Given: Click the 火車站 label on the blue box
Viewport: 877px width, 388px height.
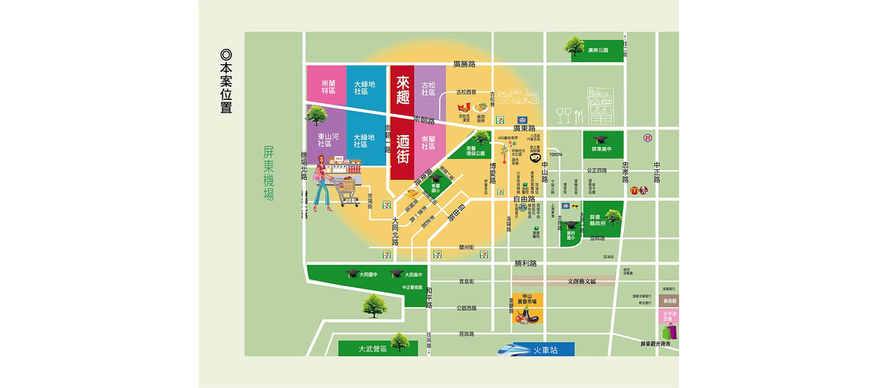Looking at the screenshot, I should click(x=546, y=350).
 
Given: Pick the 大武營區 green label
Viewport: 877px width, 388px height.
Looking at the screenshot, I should click(x=373, y=349).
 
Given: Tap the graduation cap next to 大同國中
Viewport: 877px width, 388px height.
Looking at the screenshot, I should click(x=352, y=274).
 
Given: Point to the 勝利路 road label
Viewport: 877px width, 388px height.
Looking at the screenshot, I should click(x=525, y=264).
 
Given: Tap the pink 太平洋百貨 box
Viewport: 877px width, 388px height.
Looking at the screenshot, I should click(x=666, y=317).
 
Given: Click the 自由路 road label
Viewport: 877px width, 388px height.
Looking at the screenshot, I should click(x=525, y=199).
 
